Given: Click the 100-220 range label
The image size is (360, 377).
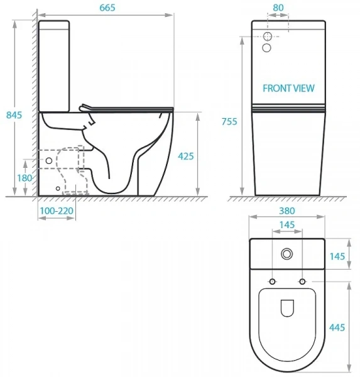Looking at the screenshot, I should click(x=56, y=212).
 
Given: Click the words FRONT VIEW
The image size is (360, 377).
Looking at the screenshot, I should click(x=289, y=89).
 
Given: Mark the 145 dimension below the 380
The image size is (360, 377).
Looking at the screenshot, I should click(x=286, y=225).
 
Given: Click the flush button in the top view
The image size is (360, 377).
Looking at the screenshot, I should click(x=288, y=254).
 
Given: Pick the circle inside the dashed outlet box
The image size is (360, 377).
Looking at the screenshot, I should click(x=49, y=161).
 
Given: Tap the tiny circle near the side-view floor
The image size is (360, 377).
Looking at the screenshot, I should click(x=58, y=188).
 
